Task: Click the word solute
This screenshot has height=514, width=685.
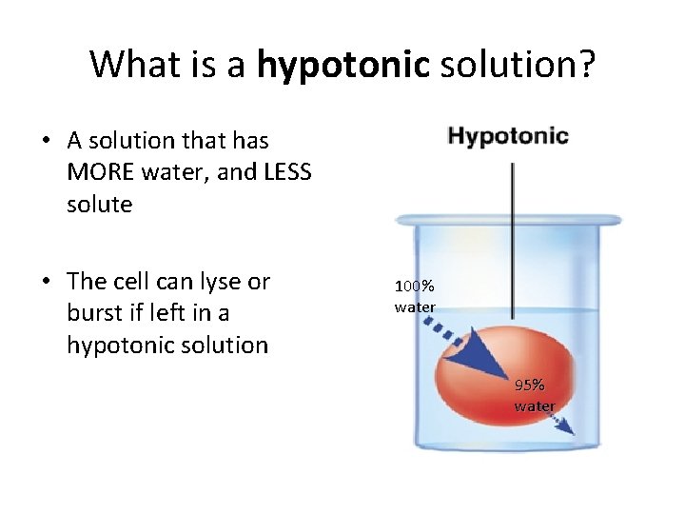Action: point(99,204)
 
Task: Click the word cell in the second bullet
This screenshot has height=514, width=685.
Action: point(134,282)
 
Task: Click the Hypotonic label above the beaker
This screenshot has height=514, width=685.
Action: point(508,136)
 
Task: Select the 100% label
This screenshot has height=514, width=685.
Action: point(415,286)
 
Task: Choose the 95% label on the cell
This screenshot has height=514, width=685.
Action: point(530,385)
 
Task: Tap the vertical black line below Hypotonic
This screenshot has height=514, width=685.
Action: point(514,238)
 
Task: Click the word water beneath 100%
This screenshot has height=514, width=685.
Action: point(415,306)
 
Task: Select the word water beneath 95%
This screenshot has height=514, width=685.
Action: point(535,406)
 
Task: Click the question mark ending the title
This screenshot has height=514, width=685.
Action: point(588,65)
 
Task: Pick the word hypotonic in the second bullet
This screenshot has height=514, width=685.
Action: point(119,345)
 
